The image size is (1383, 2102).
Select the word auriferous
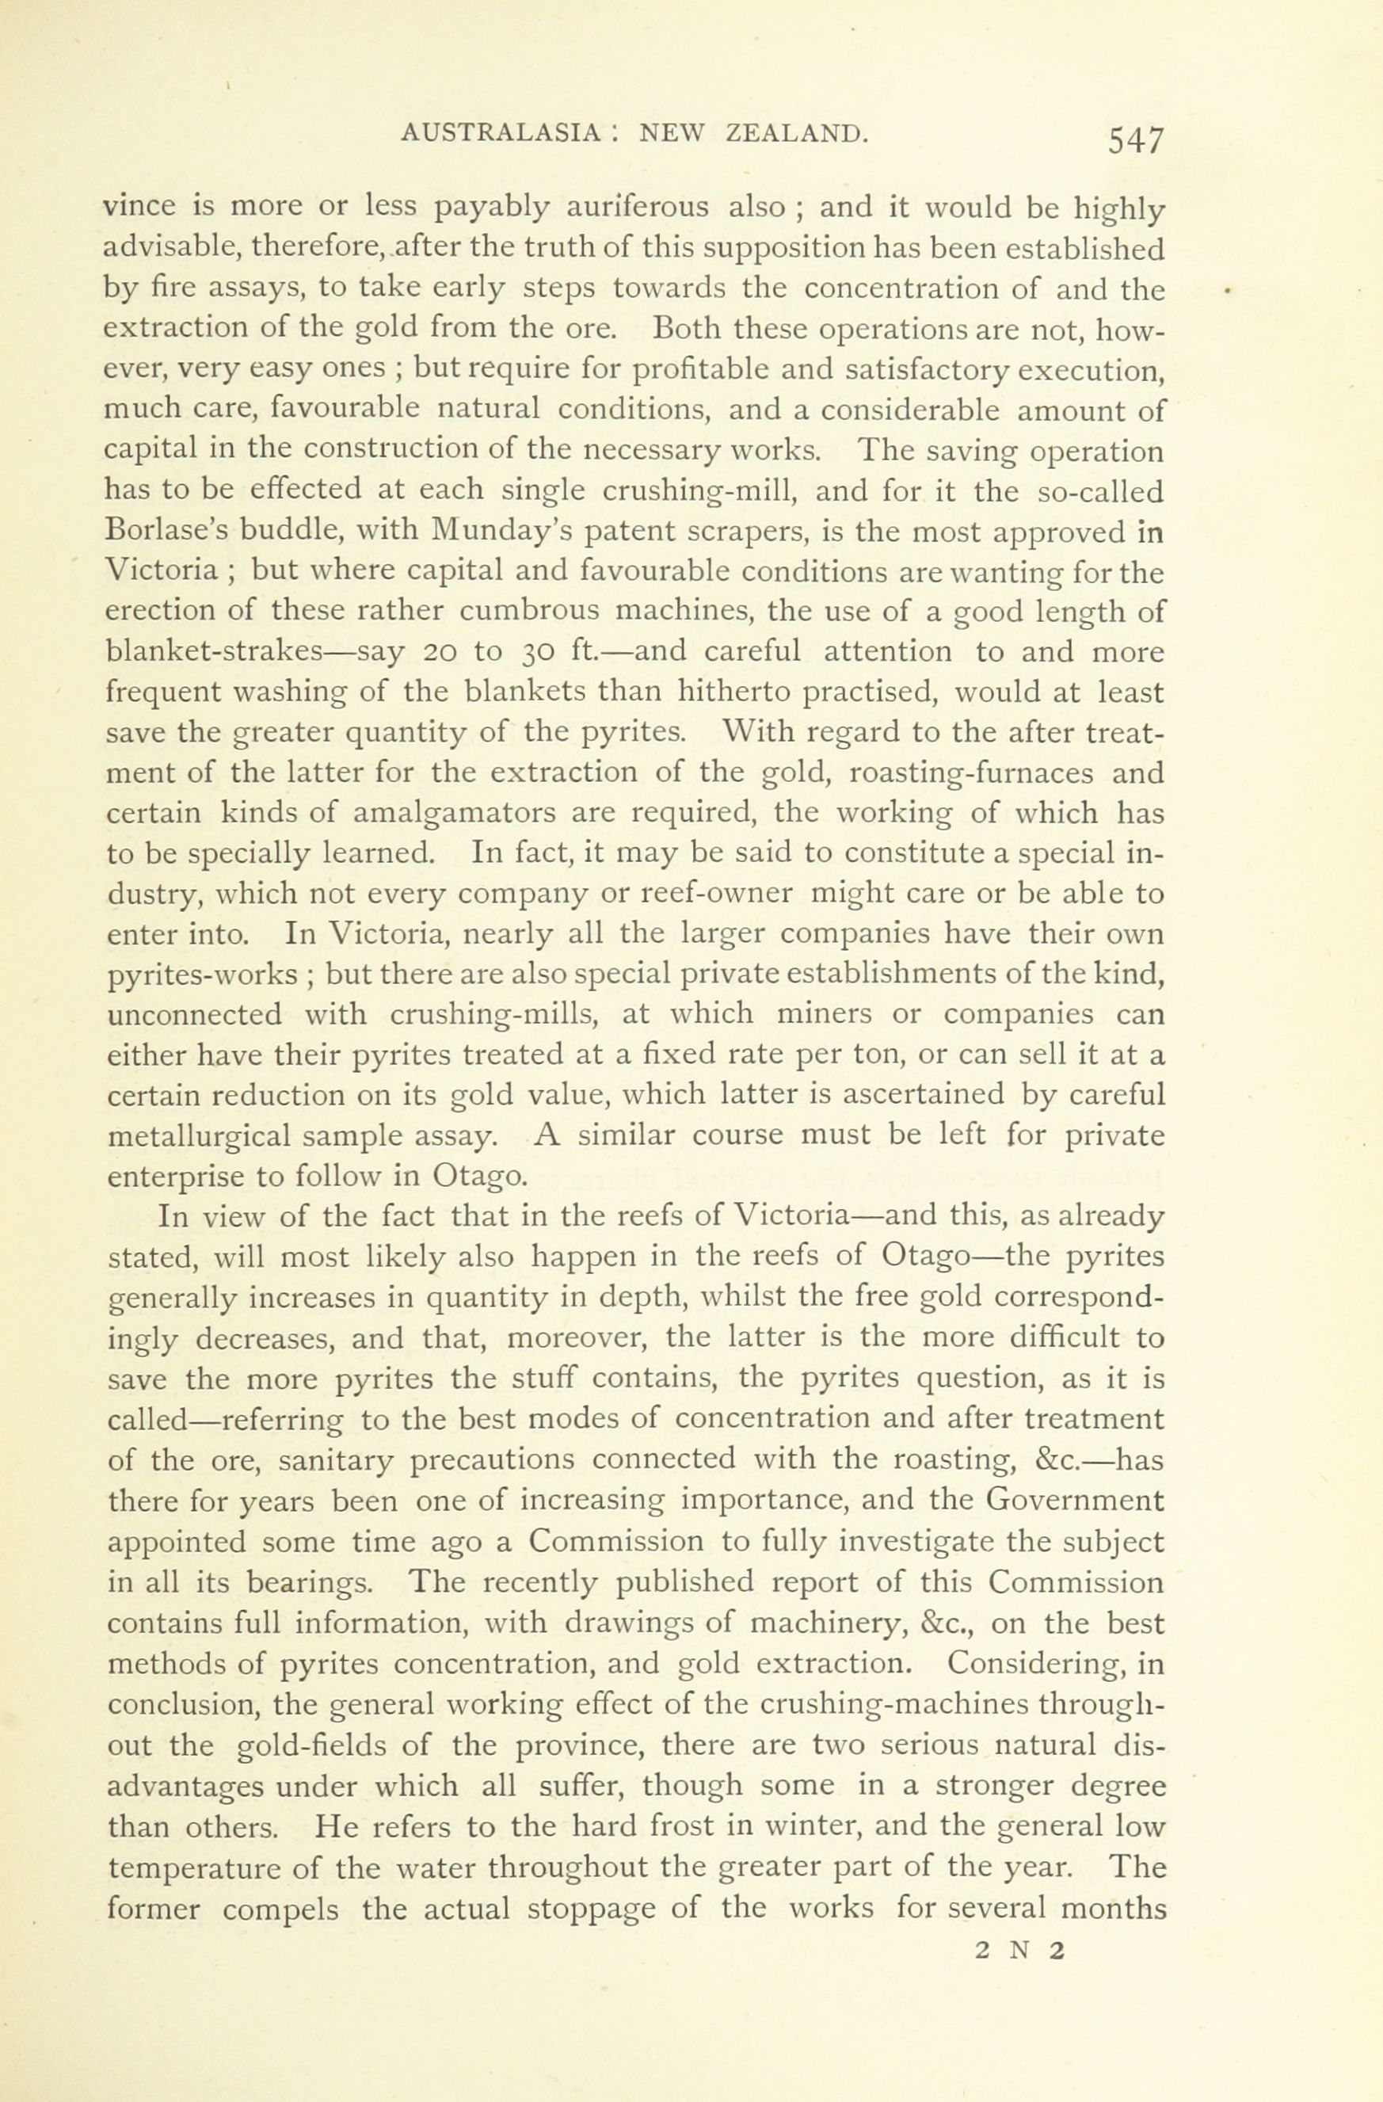coord(637,208)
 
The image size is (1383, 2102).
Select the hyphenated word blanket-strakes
coord(226,652)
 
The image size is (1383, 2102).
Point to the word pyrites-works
coord(201,975)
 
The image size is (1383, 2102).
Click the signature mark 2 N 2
coord(1021,1949)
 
